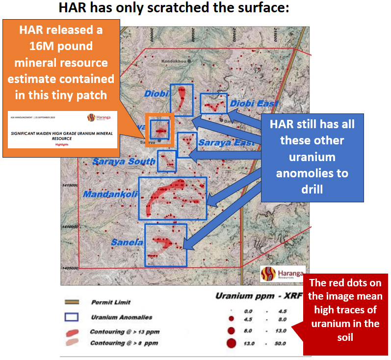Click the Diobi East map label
tap(254, 104)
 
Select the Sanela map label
tap(127, 242)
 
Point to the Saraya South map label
tap(124, 162)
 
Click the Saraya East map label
tap(226, 142)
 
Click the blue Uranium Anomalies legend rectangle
tap(72, 317)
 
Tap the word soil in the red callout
tap(345, 337)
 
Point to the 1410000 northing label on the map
tap(71, 227)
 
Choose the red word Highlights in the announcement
tap(62, 144)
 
